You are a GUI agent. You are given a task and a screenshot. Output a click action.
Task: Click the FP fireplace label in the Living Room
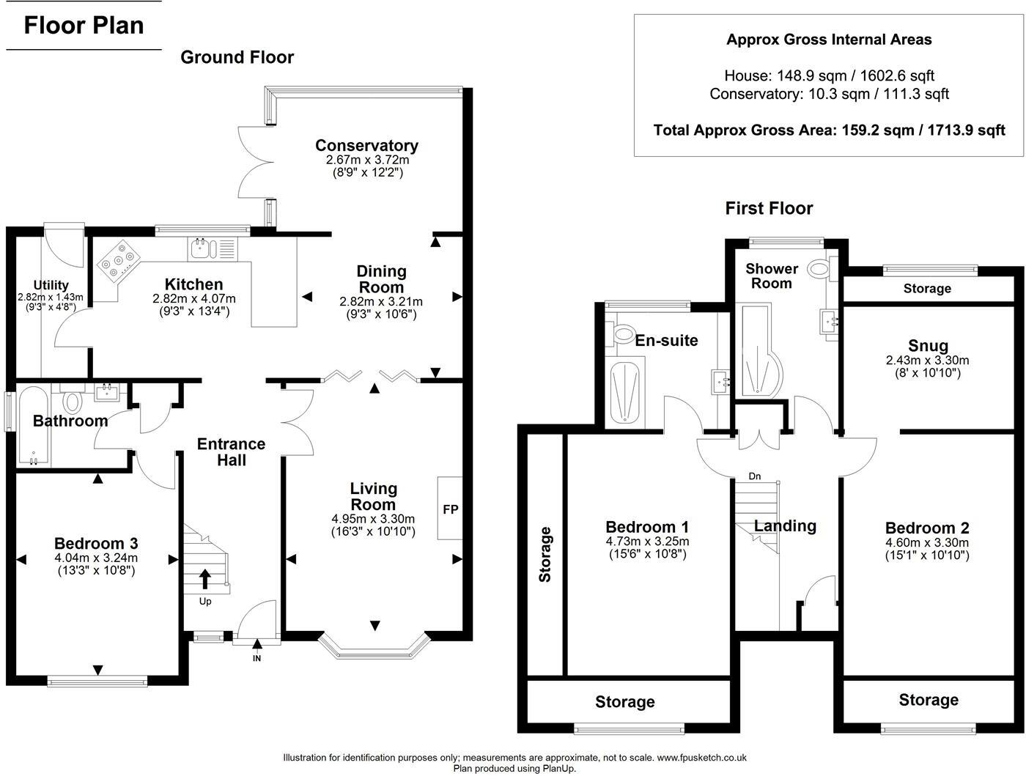click(x=450, y=509)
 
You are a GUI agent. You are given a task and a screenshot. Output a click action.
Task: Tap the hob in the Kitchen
click(x=119, y=262)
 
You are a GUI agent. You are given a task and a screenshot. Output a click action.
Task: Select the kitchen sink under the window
click(x=201, y=249)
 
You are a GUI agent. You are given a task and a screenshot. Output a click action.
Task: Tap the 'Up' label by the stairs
click(x=205, y=602)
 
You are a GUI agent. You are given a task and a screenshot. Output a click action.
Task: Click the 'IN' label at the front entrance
click(x=257, y=658)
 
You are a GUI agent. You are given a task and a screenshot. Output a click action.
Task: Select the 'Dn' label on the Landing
click(x=754, y=476)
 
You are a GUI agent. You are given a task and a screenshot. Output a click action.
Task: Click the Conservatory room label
click(x=366, y=145)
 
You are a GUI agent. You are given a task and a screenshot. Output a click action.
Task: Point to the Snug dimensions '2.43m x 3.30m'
click(x=927, y=361)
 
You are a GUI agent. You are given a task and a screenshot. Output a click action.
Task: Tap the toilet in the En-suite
click(x=624, y=334)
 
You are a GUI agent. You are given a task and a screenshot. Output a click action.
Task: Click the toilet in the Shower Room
click(x=819, y=270)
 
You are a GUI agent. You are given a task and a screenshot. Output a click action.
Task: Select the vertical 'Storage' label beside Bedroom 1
click(x=545, y=554)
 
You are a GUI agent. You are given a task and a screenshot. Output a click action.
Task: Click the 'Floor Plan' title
click(x=84, y=26)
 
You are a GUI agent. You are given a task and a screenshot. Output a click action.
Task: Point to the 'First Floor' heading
click(x=769, y=208)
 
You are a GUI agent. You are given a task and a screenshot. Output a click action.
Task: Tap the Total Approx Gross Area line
click(x=829, y=130)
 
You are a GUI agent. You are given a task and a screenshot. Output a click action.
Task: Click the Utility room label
click(x=51, y=285)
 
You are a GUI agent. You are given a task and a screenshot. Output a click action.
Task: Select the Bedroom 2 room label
click(x=927, y=528)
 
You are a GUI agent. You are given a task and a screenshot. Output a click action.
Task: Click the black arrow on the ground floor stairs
click(x=204, y=578)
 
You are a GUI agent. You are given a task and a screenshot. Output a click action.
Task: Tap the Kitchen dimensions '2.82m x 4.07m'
click(x=193, y=299)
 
